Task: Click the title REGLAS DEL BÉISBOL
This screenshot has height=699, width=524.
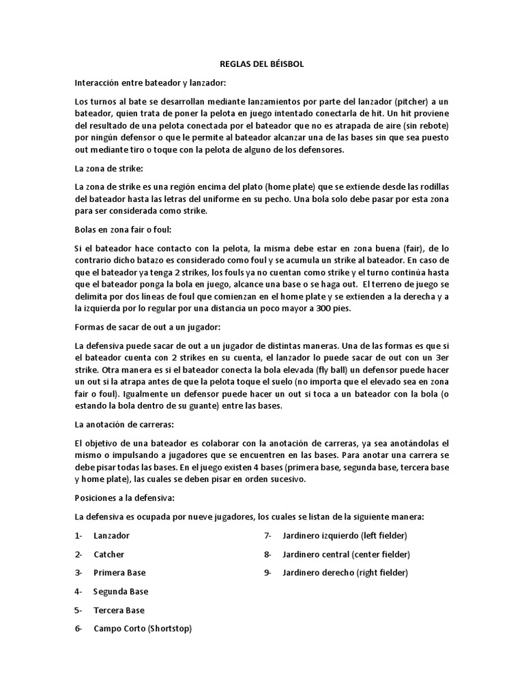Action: [x=262, y=63]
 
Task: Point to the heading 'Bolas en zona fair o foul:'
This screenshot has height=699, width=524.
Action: [x=123, y=229]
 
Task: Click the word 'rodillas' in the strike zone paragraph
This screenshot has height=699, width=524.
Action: [x=431, y=187]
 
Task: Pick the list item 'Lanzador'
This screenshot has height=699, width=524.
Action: [x=112, y=536]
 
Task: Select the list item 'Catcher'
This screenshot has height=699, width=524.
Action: [x=109, y=554]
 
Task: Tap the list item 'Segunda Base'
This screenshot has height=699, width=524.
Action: [x=121, y=591]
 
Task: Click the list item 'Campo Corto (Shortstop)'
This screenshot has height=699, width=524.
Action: [x=143, y=628]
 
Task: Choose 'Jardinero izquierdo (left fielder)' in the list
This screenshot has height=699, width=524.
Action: [x=345, y=536]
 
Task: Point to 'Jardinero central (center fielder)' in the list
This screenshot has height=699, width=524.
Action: [x=346, y=554]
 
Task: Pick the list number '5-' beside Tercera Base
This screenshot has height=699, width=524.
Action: [x=79, y=610]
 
